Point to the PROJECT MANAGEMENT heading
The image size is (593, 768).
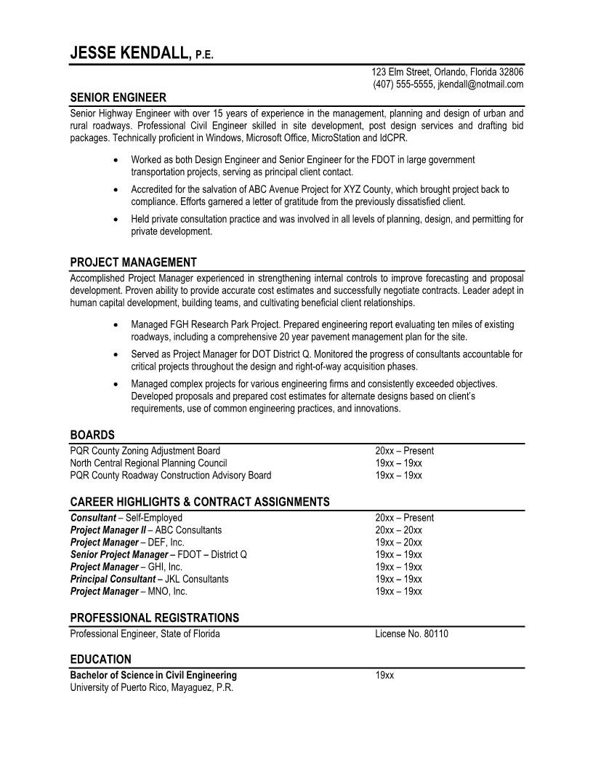(x=133, y=263)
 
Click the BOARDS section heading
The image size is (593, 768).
(x=92, y=435)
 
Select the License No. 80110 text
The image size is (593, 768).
(x=411, y=633)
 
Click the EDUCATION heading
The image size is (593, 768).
(x=100, y=660)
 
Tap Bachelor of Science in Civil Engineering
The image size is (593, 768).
(x=153, y=675)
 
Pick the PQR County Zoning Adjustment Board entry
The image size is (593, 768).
(x=145, y=451)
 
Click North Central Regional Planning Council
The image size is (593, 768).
(x=148, y=463)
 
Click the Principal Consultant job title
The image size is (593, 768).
(x=113, y=579)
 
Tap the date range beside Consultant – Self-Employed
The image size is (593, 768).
(x=404, y=518)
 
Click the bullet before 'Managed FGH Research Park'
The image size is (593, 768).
(x=117, y=325)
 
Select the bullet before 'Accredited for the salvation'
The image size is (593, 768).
(x=117, y=190)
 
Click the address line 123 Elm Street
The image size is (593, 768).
(x=447, y=72)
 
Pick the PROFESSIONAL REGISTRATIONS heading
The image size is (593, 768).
(x=154, y=617)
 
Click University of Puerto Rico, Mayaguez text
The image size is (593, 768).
(x=151, y=687)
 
